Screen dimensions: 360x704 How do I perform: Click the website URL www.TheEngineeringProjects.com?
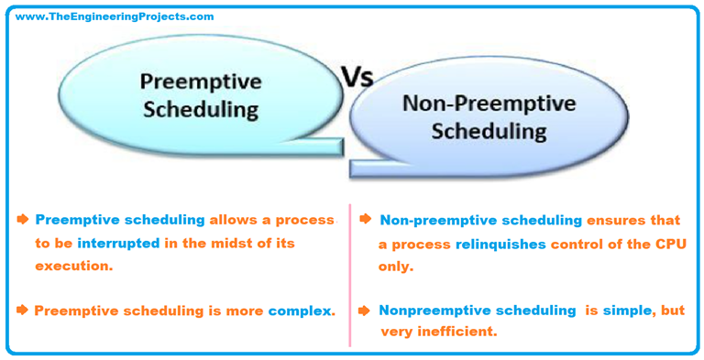(x=115, y=16)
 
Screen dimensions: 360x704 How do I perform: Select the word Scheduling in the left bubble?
(x=200, y=110)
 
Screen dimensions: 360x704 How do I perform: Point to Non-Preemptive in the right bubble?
(x=489, y=103)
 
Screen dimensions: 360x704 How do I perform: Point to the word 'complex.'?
(x=302, y=311)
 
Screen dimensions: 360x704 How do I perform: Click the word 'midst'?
(x=229, y=243)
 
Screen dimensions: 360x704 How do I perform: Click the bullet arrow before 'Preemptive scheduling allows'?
(x=23, y=220)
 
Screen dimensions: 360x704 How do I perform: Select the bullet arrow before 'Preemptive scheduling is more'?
(x=23, y=311)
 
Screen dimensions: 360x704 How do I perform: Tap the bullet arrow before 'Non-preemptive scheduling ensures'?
(x=366, y=220)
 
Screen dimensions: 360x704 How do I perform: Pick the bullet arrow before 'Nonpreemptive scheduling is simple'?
(x=366, y=311)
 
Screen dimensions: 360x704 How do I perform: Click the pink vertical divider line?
(x=349, y=275)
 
